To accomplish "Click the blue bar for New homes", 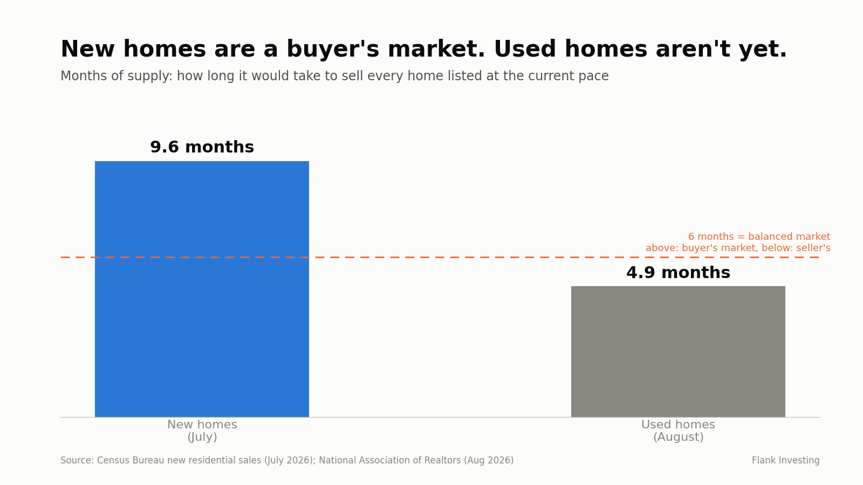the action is [x=202, y=289].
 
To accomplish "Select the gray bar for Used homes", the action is [x=678, y=351].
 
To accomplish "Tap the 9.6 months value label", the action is [x=202, y=147].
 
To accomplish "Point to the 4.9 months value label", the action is [x=678, y=273].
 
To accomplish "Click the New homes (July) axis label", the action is [x=202, y=431].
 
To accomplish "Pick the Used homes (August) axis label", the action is [x=678, y=431].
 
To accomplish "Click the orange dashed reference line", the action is [x=440, y=257].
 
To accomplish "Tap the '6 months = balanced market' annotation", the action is [x=759, y=237].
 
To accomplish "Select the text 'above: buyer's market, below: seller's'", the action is [x=738, y=248].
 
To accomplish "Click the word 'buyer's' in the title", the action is [x=333, y=49].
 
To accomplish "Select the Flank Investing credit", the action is [x=785, y=460].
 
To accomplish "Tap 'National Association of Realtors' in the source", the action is [x=390, y=460].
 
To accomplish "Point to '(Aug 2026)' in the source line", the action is [x=489, y=460].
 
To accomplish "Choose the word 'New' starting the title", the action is [x=87, y=49].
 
